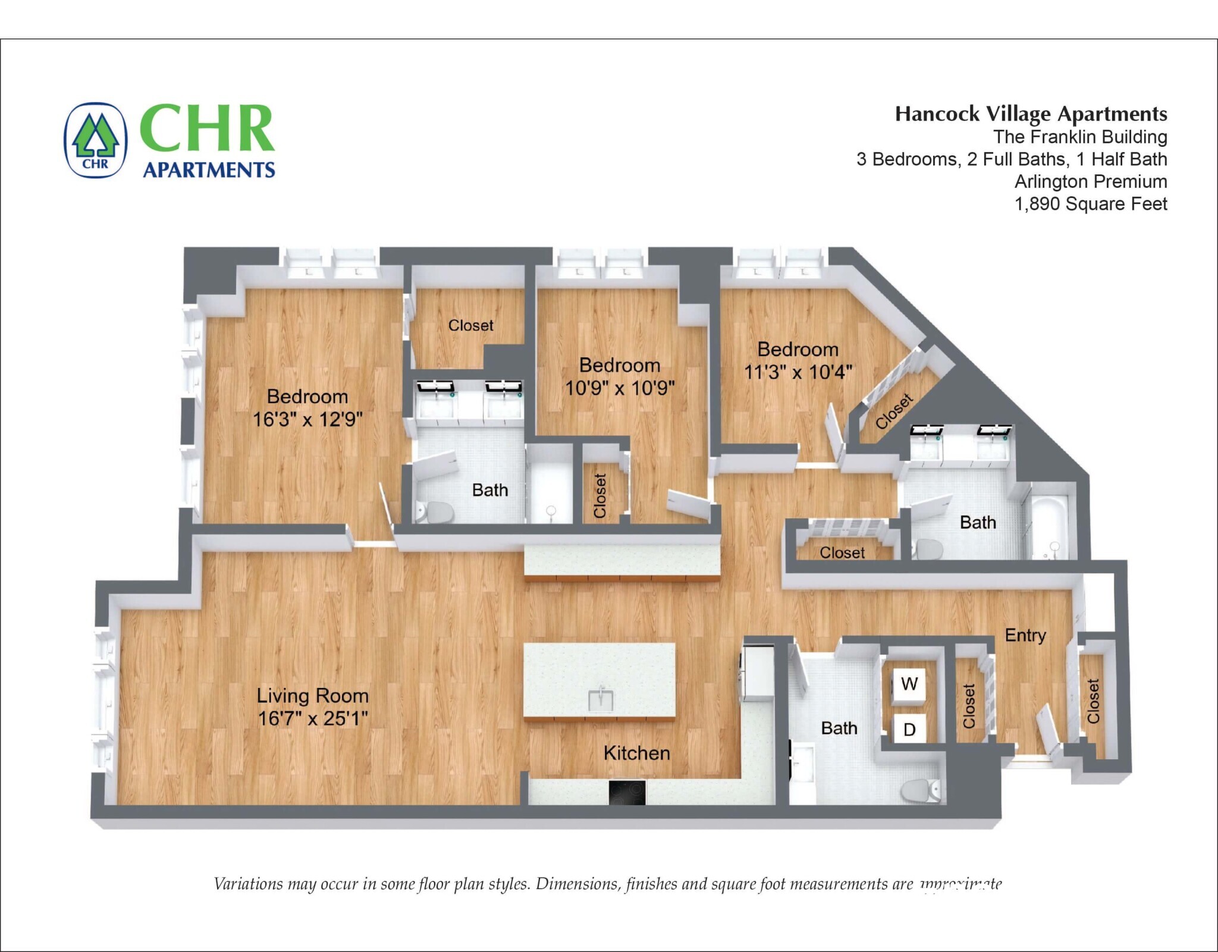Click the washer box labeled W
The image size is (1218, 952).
(909, 684)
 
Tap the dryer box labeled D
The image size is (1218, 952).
(909, 729)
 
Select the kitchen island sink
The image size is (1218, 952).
(600, 700)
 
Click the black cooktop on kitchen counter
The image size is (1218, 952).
(626, 792)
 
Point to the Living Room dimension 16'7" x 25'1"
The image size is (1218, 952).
(313, 718)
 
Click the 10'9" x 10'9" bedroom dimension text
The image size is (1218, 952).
(620, 388)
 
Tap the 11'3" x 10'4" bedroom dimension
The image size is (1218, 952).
(798, 372)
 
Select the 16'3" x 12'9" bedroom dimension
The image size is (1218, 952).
(307, 419)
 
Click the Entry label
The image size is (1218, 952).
(1025, 635)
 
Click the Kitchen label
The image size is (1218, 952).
(636, 753)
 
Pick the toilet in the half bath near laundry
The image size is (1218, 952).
(919, 790)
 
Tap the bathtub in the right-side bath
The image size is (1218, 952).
(1050, 529)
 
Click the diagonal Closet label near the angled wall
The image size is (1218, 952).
(893, 411)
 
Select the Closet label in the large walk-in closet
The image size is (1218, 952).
(470, 325)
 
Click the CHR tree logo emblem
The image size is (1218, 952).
(96, 140)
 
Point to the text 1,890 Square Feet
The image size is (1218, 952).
(1090, 204)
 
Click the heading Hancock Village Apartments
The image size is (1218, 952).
(1031, 114)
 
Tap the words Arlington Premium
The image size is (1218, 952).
(1090, 181)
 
